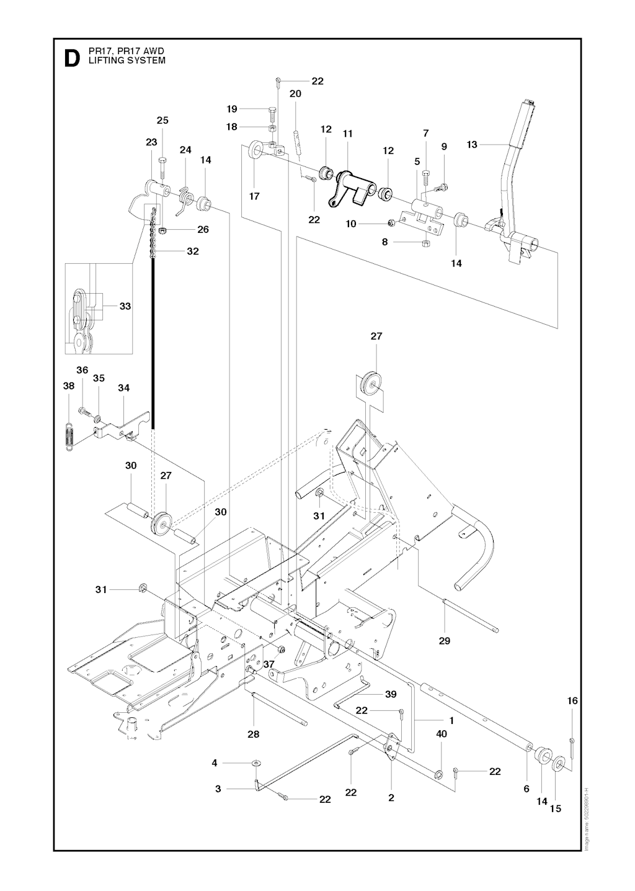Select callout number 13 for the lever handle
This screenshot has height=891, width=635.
point(472,145)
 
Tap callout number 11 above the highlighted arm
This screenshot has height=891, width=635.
point(347,133)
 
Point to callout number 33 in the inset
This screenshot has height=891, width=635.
point(125,306)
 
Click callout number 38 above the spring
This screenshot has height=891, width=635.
point(69,386)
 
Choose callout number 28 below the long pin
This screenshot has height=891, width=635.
point(253,734)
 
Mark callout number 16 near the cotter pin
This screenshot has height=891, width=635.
point(572,700)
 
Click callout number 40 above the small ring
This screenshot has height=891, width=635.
point(442,733)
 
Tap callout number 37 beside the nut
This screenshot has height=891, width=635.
point(269,664)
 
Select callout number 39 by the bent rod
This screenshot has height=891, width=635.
point(391,694)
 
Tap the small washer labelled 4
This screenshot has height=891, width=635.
point(255,762)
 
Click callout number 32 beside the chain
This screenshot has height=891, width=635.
point(193,251)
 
